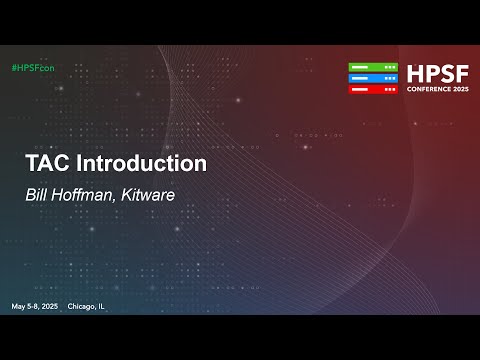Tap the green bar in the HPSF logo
point(373,67)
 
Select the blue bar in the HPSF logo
point(373,78)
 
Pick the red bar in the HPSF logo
point(373,89)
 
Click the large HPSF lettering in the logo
point(436,74)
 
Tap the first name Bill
point(36,195)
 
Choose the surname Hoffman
point(83,195)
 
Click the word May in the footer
point(18,305)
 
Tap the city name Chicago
point(83,305)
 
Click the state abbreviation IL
point(102,305)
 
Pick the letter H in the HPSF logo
point(415,74)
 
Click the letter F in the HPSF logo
point(460,74)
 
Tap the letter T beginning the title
point(31,163)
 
